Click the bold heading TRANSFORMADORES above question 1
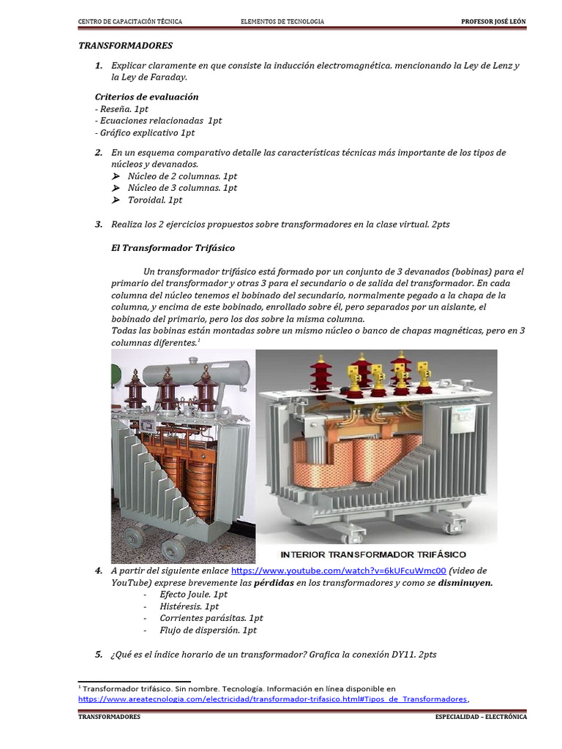125,45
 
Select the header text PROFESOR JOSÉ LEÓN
493,22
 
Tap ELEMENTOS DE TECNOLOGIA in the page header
282,22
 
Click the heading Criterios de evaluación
146,97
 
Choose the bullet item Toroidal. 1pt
155,200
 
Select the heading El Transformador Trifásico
173,248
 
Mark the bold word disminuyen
465,583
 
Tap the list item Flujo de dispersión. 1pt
208,630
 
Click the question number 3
98,224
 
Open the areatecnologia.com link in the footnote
272,699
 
